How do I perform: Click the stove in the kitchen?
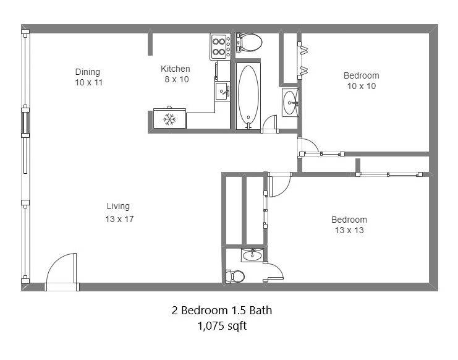tap(220, 47)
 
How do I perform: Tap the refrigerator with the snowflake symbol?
tap(170, 118)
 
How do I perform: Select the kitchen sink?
tap(223, 92)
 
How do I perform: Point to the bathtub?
tap(248, 96)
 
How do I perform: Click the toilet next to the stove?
tap(249, 43)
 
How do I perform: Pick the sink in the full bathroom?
tap(290, 103)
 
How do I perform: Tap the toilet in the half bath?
tap(235, 276)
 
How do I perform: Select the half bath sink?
tap(252, 255)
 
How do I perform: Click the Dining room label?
tap(88, 72)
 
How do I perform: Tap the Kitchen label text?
tap(176, 69)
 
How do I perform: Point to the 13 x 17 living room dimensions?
tap(119, 219)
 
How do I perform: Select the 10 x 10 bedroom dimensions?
tap(362, 86)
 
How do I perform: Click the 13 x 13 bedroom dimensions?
tap(349, 230)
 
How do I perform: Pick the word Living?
tap(118, 207)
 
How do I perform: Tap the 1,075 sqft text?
tap(223, 325)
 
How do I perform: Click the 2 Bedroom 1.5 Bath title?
tap(222, 310)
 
